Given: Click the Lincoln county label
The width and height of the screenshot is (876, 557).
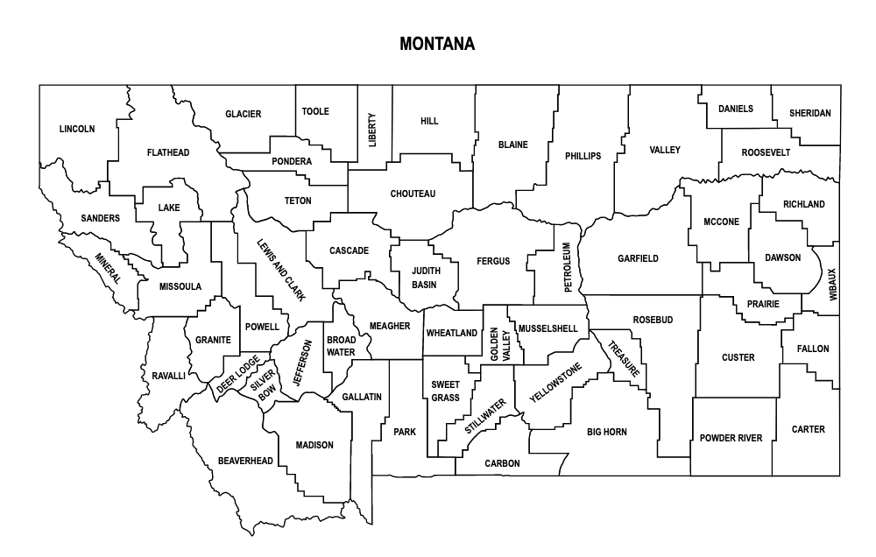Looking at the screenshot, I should [77, 129].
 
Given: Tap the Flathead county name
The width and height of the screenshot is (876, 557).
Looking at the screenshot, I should [168, 152].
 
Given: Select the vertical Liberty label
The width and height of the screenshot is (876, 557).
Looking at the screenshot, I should [372, 130].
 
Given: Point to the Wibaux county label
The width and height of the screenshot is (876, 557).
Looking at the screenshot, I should [832, 286].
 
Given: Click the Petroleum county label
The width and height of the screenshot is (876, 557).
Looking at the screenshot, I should [568, 268].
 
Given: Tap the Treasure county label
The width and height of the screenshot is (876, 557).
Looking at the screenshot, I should [625, 357].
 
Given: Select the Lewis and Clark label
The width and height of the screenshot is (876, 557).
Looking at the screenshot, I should [281, 270].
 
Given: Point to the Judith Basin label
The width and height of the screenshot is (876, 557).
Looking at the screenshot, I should [425, 278].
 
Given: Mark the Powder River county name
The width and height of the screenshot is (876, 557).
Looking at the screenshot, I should [731, 438].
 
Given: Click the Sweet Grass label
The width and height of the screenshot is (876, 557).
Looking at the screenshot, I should [445, 391].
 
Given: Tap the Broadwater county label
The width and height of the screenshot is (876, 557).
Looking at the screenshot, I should [341, 346].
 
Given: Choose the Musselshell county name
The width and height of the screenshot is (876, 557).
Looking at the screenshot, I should [547, 328].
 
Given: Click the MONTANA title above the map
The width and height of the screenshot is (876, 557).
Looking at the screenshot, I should [437, 43].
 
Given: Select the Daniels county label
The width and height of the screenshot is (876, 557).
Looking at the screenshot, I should [736, 109].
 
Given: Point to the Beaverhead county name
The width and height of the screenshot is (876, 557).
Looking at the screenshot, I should [245, 461].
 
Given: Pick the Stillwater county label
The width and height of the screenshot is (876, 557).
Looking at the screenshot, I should [485, 417].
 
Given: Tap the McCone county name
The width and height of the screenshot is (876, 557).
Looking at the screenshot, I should [721, 222].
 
